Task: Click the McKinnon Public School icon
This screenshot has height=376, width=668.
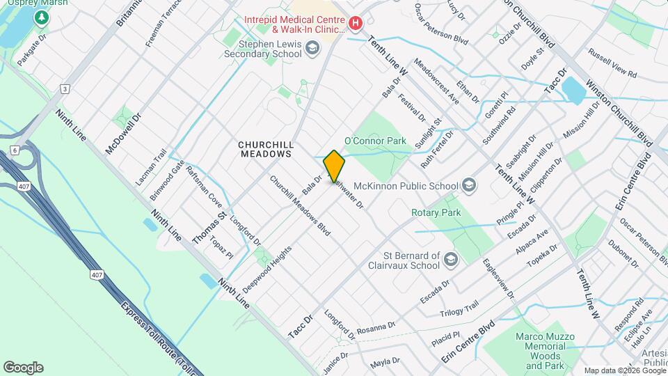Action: click(469, 185)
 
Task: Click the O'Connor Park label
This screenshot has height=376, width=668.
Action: click(375, 141)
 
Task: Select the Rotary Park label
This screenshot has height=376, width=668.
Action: click(436, 212)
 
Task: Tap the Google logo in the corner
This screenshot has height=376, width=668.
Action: click(23, 367)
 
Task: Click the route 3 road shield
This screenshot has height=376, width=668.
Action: click(65, 88)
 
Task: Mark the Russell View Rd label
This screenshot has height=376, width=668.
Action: click(612, 63)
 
